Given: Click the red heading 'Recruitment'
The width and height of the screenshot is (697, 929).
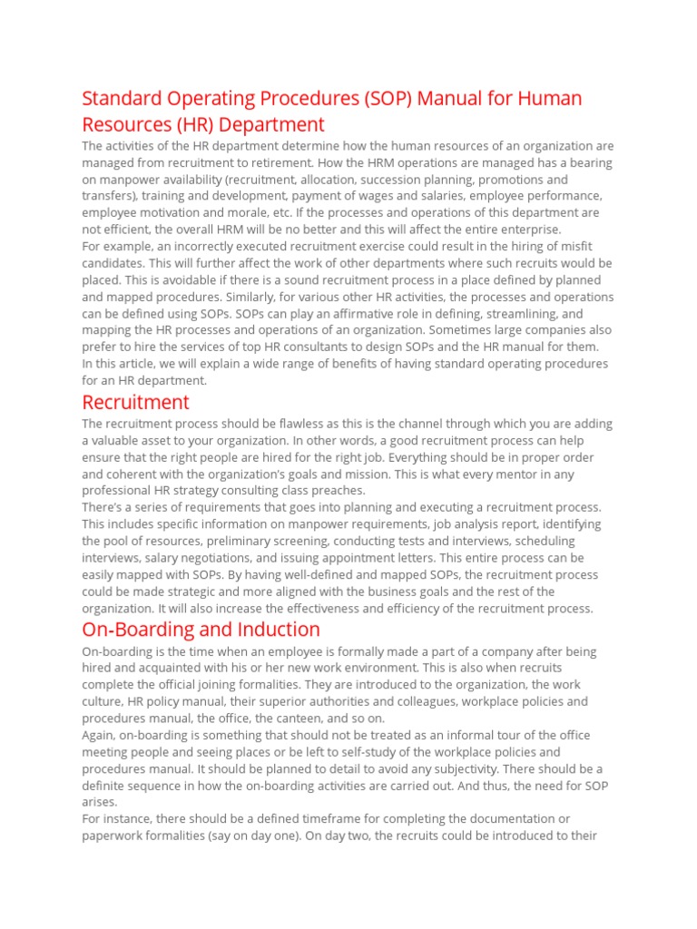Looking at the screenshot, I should click(135, 402).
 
